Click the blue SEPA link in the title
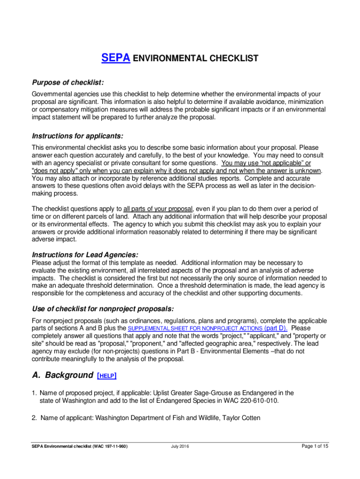pos(115,58)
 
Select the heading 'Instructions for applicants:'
pos(77,136)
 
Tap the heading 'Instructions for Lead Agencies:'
pos(85,255)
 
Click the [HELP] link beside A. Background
pos(107,376)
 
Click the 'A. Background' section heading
pos(62,375)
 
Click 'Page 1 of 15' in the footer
pos(315,446)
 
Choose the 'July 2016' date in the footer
pos(180,447)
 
